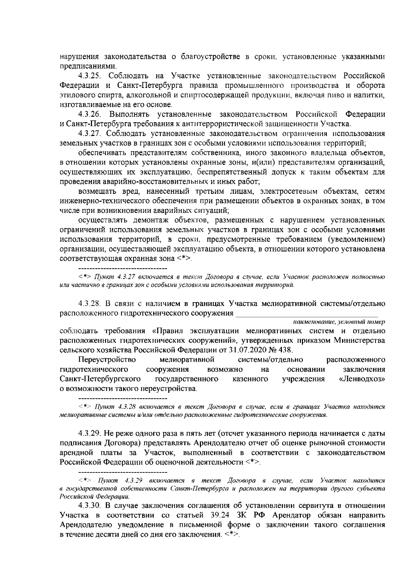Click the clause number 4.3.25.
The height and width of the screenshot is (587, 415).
tap(91, 75)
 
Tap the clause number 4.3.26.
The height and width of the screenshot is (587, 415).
tap(91, 114)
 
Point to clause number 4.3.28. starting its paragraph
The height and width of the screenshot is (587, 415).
tap(91, 304)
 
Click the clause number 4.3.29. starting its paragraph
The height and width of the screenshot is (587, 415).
tap(91, 433)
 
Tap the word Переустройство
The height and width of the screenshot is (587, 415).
tap(107, 360)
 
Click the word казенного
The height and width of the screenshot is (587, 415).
tap(251, 379)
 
